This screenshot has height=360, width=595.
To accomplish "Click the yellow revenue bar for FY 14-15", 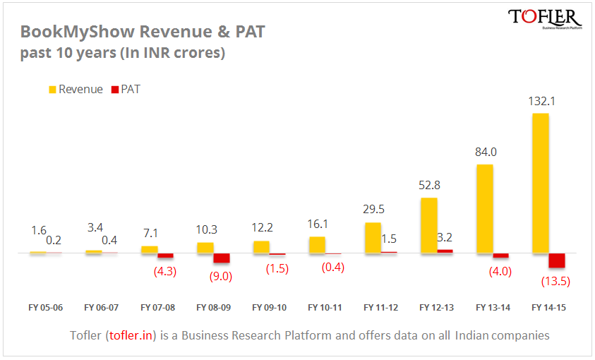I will pyautogui.click(x=540, y=182).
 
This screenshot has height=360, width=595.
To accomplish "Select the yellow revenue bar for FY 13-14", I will pyautogui.click(x=484, y=208).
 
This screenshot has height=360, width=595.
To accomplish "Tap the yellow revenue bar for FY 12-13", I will pyautogui.click(x=428, y=224).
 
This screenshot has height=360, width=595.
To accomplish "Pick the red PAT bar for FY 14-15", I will pyautogui.click(x=557, y=260).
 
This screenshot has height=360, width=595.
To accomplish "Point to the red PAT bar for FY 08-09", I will pyautogui.click(x=222, y=258).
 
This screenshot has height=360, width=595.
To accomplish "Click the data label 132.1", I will pyautogui.click(x=541, y=102).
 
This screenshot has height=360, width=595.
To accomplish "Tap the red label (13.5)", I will pyautogui.click(x=555, y=281).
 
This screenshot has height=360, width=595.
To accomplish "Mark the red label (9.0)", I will pyautogui.click(x=220, y=276).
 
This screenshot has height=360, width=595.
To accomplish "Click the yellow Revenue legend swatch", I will pyautogui.click(x=52, y=90).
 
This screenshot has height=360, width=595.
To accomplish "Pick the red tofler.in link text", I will pyautogui.click(x=131, y=335).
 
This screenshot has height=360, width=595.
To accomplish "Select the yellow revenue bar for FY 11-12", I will pyautogui.click(x=373, y=237).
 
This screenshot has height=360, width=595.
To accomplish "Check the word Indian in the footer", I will pyautogui.click(x=476, y=335).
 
